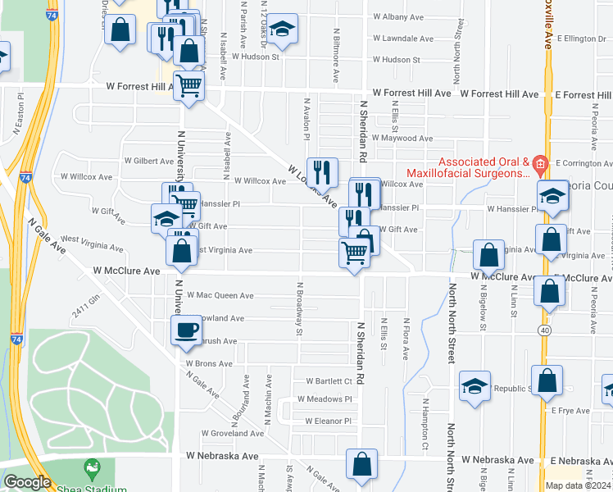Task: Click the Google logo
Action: [26, 482]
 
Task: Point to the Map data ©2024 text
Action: [578, 485]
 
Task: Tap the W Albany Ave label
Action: [397, 16]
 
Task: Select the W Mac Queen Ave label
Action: [220, 295]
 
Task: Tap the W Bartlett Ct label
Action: [329, 381]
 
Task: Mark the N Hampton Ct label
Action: [426, 417]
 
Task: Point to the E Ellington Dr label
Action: [579, 38]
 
